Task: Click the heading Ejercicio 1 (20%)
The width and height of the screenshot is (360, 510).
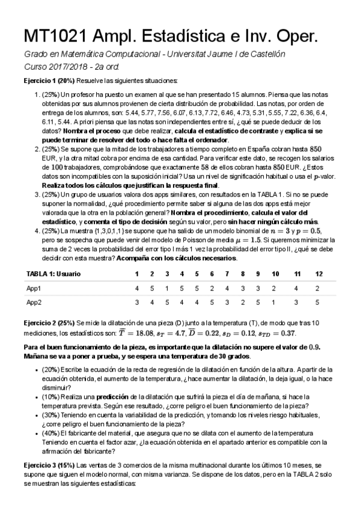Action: pos(49,80)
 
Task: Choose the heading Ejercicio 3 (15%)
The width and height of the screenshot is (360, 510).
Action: pos(49,465)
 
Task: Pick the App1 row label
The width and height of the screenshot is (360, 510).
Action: pos(34,288)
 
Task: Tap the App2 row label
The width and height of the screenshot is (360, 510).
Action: pos(34,302)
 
